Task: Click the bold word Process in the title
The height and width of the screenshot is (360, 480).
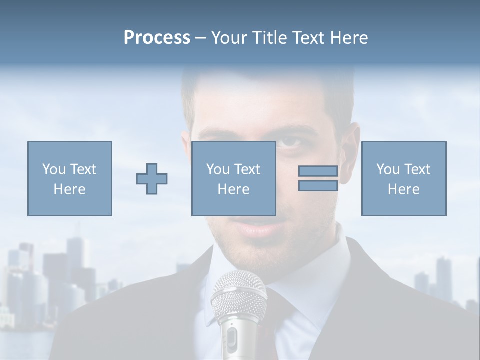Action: pyautogui.click(x=157, y=38)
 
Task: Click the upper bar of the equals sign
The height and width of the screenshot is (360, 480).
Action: pyautogui.click(x=318, y=171)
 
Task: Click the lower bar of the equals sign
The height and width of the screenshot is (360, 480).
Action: pyautogui.click(x=318, y=186)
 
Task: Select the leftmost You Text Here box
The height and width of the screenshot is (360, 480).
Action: pyautogui.click(x=70, y=178)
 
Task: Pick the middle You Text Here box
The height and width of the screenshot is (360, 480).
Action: pyautogui.click(x=233, y=178)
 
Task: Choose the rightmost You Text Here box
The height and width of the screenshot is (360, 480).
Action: pyautogui.click(x=404, y=178)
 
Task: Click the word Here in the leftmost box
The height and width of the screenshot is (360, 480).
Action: pyautogui.click(x=69, y=189)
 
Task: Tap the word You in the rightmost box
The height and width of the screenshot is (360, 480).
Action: pyautogui.click(x=388, y=169)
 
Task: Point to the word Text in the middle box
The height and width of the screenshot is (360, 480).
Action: pyautogui.click(x=247, y=169)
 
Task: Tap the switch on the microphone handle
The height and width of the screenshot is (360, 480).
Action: pyautogui.click(x=231, y=340)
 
